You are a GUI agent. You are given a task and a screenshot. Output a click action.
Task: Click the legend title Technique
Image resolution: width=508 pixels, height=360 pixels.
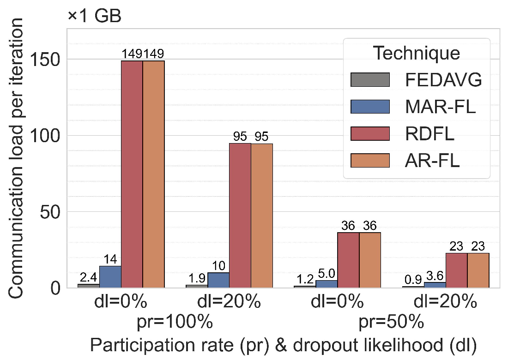point(417,54)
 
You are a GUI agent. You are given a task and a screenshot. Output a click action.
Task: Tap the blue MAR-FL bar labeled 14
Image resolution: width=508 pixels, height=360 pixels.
point(110,277)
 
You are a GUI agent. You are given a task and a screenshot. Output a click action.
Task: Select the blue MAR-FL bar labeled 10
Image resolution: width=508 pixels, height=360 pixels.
point(218,280)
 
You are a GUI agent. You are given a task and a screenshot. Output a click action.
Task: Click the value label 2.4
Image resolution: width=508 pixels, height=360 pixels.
point(89,277)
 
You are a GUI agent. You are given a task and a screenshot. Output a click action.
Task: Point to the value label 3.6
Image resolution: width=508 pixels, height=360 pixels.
point(435,276)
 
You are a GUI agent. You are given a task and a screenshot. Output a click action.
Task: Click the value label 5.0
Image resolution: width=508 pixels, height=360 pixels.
point(327,273)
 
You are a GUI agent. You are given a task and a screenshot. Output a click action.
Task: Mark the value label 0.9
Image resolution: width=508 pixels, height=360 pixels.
point(413,280)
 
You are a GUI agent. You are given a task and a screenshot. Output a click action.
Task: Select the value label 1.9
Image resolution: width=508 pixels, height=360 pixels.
point(197,278)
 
